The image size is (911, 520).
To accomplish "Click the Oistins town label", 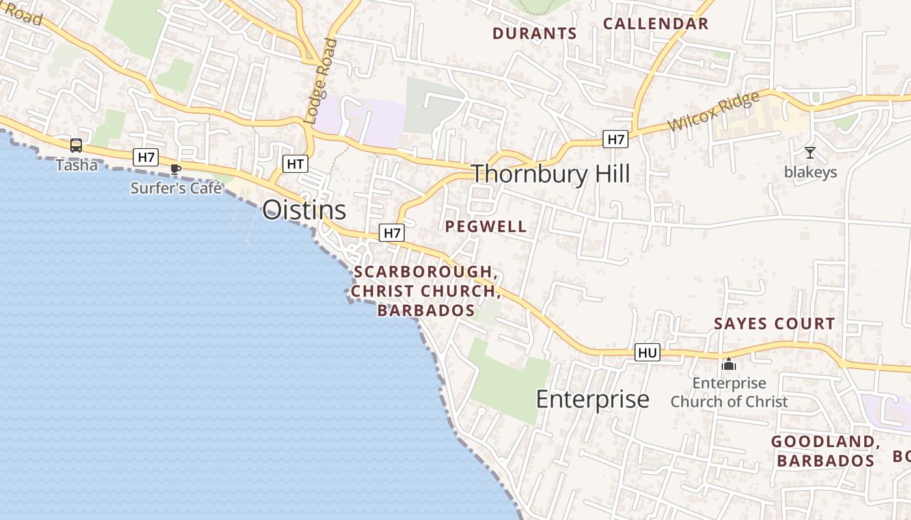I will [x=304, y=210].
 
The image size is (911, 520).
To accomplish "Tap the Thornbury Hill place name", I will [x=550, y=174].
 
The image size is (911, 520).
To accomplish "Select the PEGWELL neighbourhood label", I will [x=486, y=226].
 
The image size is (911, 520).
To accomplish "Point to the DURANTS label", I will [x=534, y=33].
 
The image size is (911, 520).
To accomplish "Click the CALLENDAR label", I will [x=655, y=24].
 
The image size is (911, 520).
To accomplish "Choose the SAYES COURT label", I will [x=774, y=323].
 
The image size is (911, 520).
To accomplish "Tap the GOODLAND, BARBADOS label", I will [x=825, y=451].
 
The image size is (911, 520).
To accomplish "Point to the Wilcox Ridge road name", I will [x=714, y=112].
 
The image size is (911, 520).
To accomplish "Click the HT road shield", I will [x=295, y=164].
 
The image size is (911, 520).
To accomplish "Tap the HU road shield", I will [x=647, y=352].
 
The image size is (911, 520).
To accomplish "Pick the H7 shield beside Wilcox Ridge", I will [x=615, y=138].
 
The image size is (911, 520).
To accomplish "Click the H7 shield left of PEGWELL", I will [x=392, y=233].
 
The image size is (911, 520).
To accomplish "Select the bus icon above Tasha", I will [x=76, y=146].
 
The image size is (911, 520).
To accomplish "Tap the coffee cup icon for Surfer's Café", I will [x=175, y=170].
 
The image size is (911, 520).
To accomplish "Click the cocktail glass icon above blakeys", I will [x=810, y=153].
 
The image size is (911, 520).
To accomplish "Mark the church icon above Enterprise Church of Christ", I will [x=729, y=364].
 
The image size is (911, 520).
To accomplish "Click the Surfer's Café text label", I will [x=176, y=188].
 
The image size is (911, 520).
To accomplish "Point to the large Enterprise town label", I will [x=592, y=399].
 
